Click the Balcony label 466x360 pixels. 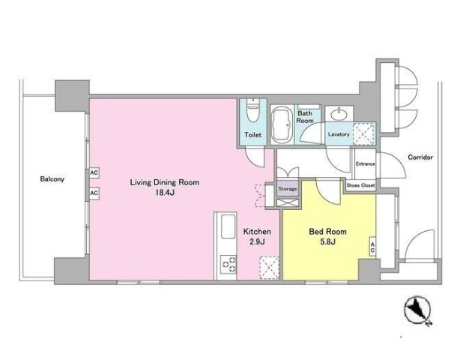point(52,179)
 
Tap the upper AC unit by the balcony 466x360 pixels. point(94,172)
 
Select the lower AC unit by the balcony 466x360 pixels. point(94,193)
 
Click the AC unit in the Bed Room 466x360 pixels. point(372,247)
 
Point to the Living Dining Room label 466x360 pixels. point(165,182)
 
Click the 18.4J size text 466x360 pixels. point(164,193)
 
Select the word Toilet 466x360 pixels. point(253,135)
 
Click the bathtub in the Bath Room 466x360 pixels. point(281,125)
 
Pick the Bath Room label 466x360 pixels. point(305,117)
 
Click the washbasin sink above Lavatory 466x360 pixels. point(339,113)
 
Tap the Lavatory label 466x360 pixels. point(339,134)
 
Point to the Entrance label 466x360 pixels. point(366,164)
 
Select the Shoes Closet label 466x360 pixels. point(360,185)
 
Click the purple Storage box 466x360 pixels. point(288,189)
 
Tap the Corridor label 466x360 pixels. point(420,157)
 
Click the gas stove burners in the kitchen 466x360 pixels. point(229,264)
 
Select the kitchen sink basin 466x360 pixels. point(229,226)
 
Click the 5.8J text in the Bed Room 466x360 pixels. point(328,241)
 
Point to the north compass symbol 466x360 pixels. point(417,310)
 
